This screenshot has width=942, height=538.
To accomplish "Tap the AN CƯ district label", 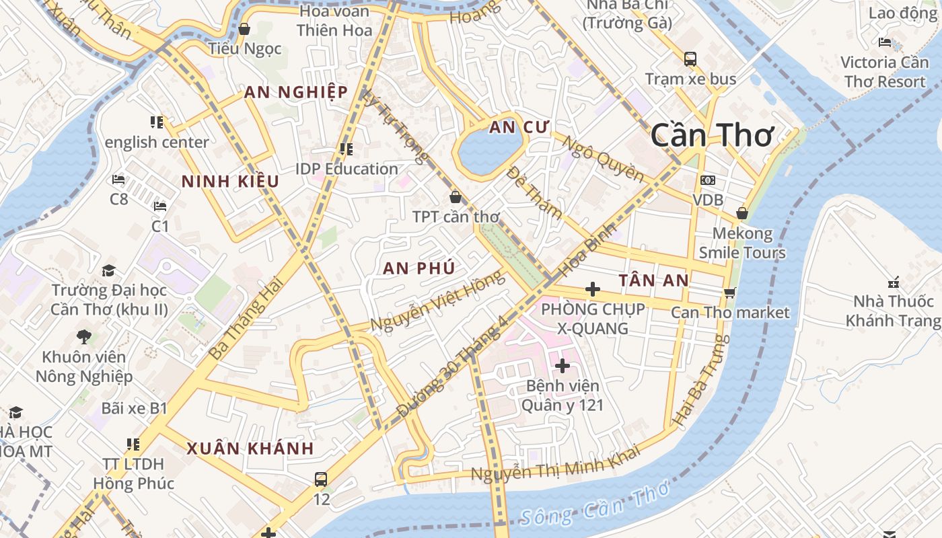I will coord(519,127).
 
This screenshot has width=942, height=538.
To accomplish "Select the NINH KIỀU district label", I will coord(230,181).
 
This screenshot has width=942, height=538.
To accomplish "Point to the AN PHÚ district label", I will coord(419,268).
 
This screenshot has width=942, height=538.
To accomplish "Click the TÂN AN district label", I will coord(654,280).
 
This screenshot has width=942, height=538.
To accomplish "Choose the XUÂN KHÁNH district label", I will coord(250,449).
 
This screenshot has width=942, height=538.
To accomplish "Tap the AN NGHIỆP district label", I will coord(296,92).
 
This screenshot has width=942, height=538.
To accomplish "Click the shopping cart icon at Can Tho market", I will coord(729,293).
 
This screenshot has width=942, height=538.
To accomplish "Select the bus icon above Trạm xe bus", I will coord(690,59).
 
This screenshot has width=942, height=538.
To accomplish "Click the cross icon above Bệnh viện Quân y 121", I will coord(563,366).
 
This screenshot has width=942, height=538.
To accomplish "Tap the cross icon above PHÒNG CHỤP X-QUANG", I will coord(593,289).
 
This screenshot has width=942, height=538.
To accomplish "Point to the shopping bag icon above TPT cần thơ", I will coord(456,196).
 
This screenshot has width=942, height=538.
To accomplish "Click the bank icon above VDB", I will coord(708,180).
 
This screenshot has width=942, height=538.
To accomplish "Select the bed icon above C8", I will coord(118,180).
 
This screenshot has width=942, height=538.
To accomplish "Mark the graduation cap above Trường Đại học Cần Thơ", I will coord(108,270).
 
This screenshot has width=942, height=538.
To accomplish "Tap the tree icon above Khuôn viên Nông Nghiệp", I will coord(84,336).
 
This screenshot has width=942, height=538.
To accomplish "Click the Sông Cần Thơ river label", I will coord(595,505).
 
